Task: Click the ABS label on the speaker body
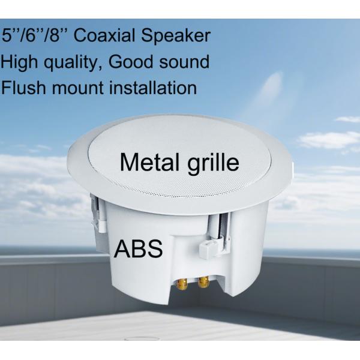click(139, 249)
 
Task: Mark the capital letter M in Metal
click(131, 162)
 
